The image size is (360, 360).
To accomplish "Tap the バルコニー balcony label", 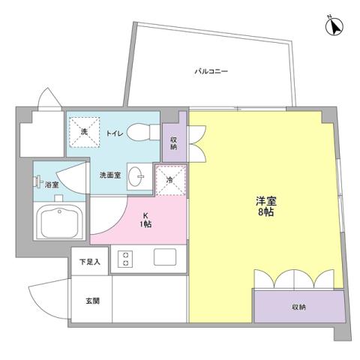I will coord(211,72).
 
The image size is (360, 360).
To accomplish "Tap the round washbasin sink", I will coord(138,178).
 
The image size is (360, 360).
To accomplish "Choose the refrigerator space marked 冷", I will coord(169,179).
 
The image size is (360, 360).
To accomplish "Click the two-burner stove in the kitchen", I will coord(124,259).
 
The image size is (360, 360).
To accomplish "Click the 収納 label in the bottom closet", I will coord(298,307).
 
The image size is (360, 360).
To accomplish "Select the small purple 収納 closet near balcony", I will coord(174,142).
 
